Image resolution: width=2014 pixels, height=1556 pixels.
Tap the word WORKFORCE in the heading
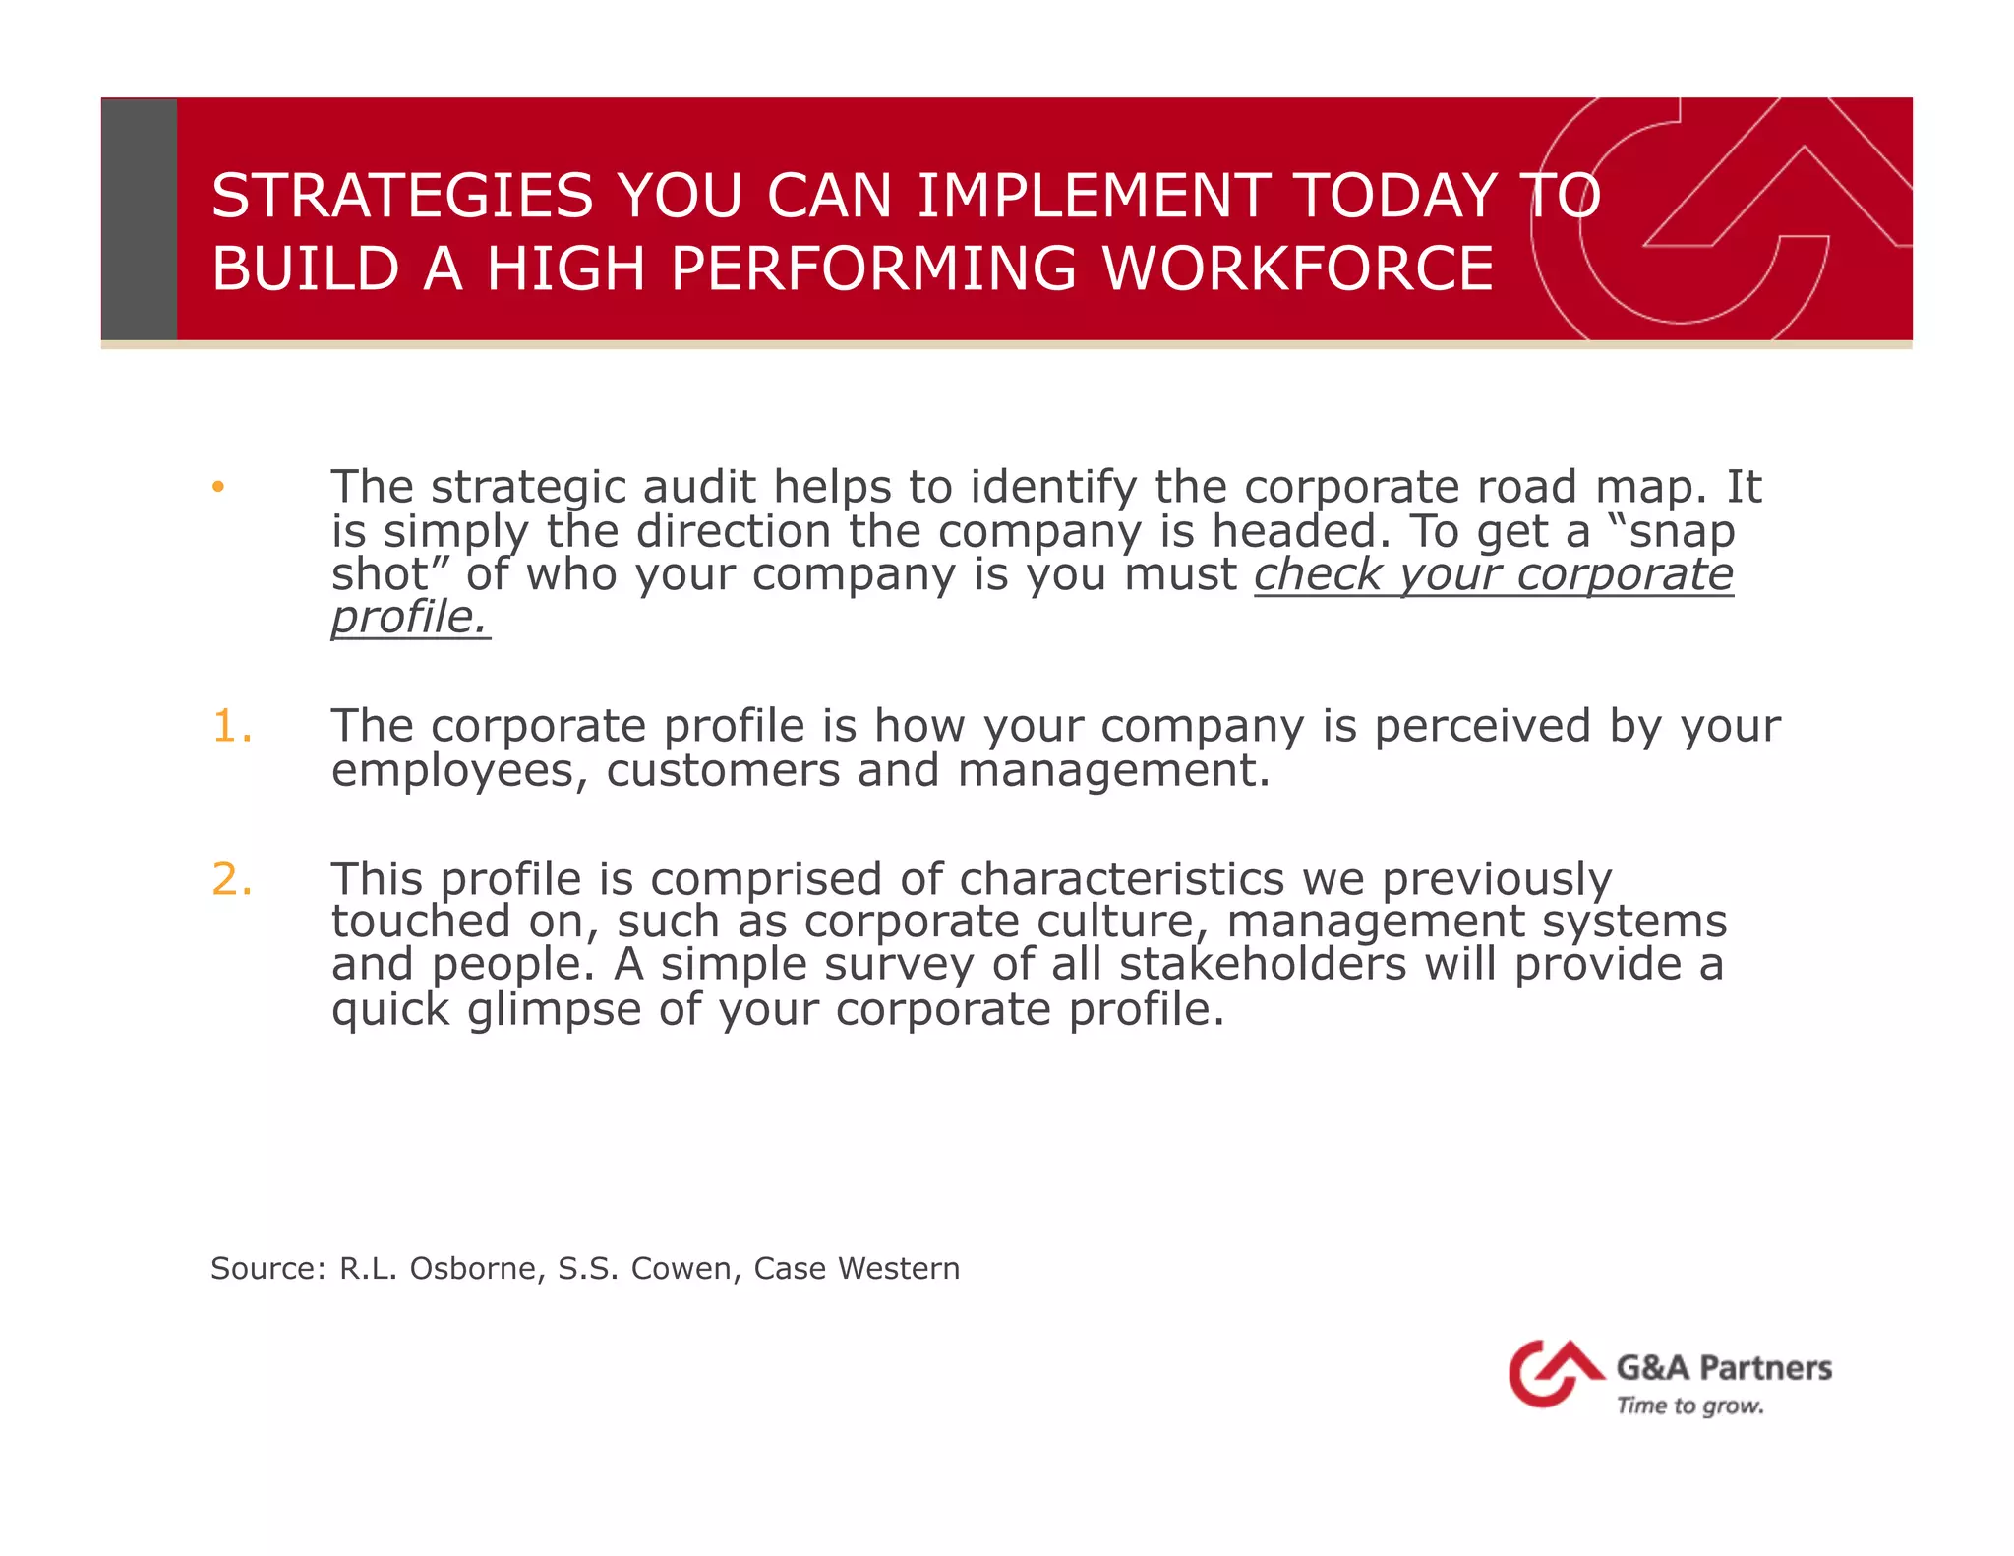click(x=1297, y=269)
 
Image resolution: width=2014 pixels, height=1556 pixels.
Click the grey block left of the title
click(x=140, y=219)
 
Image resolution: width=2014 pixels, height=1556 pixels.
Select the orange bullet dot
click(x=218, y=487)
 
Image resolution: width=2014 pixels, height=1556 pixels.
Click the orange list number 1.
click(x=232, y=727)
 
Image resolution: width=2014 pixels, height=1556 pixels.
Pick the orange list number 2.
click(x=232, y=878)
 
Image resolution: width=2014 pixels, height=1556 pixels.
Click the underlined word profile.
click(x=409, y=618)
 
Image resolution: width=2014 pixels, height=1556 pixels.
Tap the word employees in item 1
click(x=458, y=770)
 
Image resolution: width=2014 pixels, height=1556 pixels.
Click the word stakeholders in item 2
click(x=1263, y=964)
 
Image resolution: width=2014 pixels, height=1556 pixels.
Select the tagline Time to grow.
click(x=1689, y=1406)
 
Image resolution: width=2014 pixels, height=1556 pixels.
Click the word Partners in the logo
click(x=1765, y=1368)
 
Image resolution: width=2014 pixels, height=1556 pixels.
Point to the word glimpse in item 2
click(x=555, y=1010)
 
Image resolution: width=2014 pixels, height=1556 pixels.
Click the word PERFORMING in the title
click(x=873, y=269)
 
